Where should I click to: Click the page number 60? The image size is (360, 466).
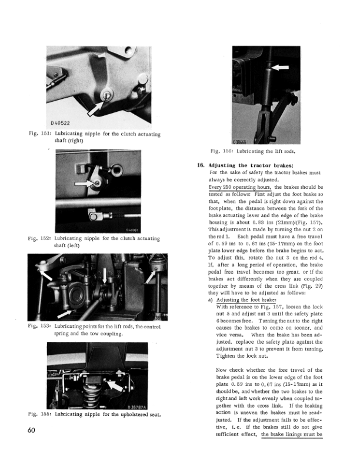click(31, 430)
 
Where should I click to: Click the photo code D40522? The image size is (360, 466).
click(61, 123)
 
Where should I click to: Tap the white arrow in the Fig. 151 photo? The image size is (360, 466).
click(96, 108)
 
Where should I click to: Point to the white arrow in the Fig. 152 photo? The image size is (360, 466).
click(85, 184)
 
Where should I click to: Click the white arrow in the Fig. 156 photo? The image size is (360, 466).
click(279, 68)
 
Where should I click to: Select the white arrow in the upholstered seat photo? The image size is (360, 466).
click(115, 386)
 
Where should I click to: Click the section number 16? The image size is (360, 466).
click(201, 165)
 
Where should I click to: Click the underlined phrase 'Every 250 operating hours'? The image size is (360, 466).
click(240, 187)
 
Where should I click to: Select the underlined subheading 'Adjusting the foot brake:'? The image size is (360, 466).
click(246, 300)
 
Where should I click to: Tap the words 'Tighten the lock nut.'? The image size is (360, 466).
click(242, 356)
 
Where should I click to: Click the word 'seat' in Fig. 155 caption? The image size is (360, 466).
click(155, 414)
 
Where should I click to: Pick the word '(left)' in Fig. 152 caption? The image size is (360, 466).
click(74, 245)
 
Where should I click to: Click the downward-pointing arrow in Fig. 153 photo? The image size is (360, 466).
click(104, 275)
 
